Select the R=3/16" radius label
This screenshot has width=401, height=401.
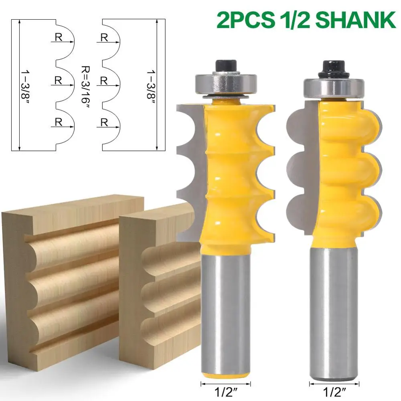click(x=85, y=85)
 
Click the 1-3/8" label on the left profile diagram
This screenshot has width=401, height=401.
click(x=25, y=87)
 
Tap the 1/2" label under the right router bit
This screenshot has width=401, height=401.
click(x=334, y=392)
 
